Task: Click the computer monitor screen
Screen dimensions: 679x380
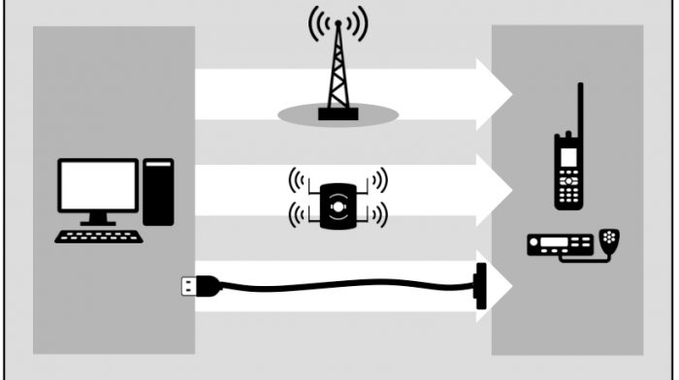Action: (x=98, y=185)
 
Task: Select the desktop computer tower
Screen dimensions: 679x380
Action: (x=158, y=192)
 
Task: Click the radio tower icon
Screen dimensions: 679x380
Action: (x=339, y=73)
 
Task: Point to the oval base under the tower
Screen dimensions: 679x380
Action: (x=339, y=115)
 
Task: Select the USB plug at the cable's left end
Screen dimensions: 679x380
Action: (x=191, y=286)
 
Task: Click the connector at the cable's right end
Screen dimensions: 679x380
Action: (x=479, y=286)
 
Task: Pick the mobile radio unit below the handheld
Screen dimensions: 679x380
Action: (x=560, y=244)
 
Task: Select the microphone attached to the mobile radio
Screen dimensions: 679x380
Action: (x=609, y=237)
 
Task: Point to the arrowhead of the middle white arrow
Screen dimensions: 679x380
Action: (x=495, y=191)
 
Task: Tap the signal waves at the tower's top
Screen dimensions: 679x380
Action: (x=339, y=24)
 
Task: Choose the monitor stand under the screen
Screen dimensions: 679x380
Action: (x=97, y=219)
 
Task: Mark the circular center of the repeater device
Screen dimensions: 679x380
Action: (x=339, y=206)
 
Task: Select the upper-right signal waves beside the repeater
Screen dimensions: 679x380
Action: (x=379, y=178)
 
